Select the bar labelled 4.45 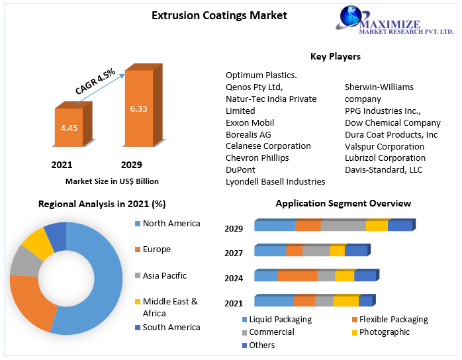pyautogui.click(x=69, y=127)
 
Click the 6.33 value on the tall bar pyautogui.click(x=138, y=109)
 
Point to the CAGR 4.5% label pyautogui.click(x=95, y=81)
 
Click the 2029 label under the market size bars pyautogui.click(x=131, y=165)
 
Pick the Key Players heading pyautogui.click(x=336, y=56)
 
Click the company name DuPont pyautogui.click(x=240, y=169)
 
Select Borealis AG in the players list pyautogui.click(x=248, y=134)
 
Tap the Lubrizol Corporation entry pyautogui.click(x=385, y=157)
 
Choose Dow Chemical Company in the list pyautogui.click(x=393, y=122)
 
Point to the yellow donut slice pyautogui.click(x=38, y=243)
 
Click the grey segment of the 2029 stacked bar pyautogui.click(x=343, y=226)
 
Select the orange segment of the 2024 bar pyautogui.click(x=297, y=276)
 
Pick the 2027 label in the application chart pyautogui.click(x=234, y=253)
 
